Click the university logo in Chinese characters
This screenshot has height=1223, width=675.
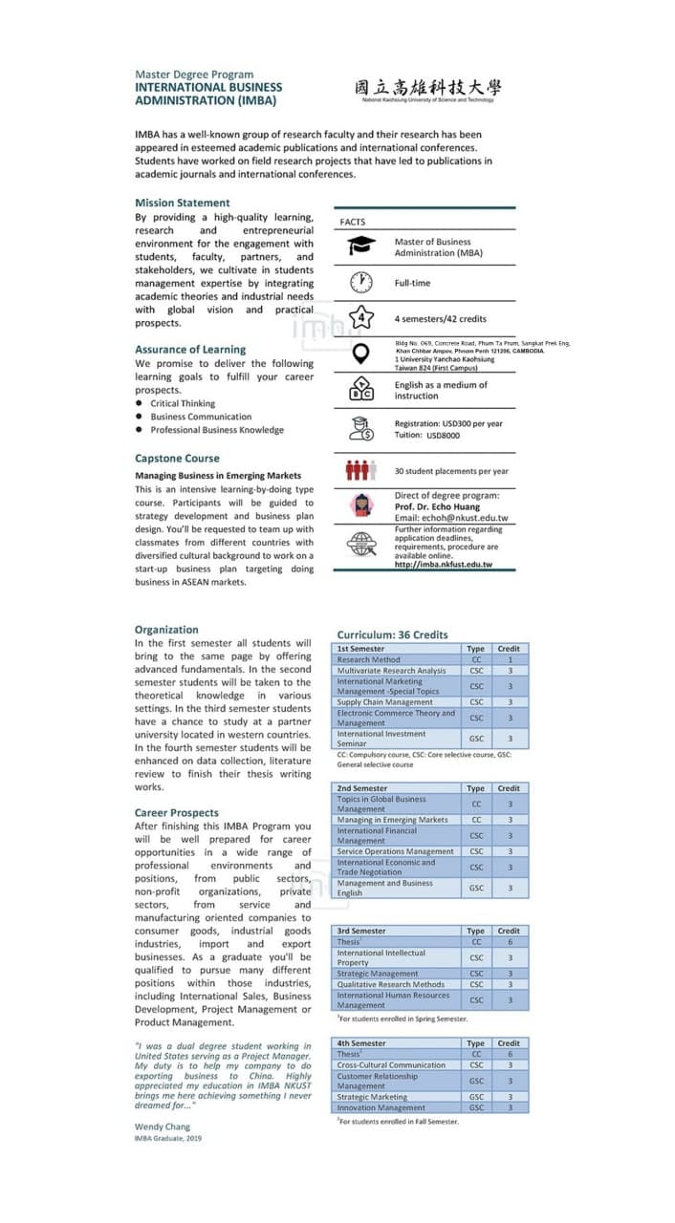426,87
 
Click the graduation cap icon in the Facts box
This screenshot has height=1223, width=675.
360,247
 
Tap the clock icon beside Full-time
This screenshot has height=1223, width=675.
360,283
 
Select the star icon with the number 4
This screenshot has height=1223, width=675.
360,318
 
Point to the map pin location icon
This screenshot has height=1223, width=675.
360,354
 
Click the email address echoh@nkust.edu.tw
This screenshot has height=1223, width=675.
450,518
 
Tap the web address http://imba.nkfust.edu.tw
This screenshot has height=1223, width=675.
443,565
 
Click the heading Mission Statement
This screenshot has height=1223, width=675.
183,203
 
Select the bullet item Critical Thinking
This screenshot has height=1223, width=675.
183,403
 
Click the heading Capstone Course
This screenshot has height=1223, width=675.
177,459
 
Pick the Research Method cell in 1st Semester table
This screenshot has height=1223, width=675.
369,659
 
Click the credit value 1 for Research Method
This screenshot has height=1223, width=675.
510,659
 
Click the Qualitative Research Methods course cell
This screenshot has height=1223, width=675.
390,984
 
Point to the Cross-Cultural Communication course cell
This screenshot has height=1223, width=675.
391,1065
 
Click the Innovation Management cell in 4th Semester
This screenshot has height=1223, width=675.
381,1108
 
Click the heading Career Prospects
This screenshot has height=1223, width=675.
177,813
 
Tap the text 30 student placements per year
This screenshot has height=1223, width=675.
451,471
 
